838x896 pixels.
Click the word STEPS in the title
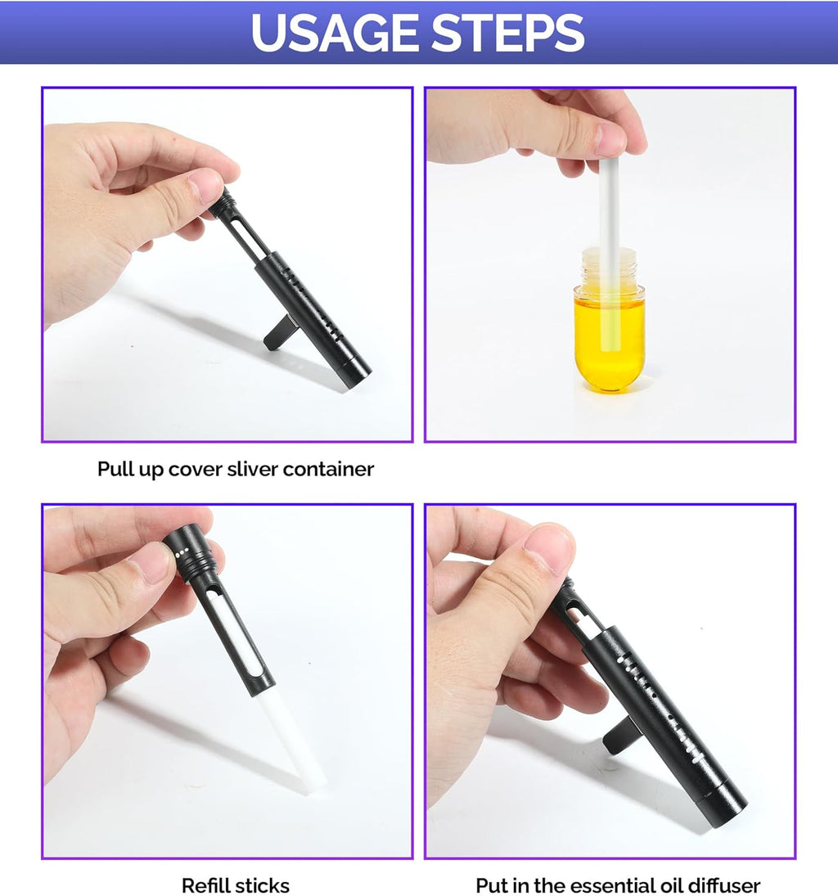coord(508,33)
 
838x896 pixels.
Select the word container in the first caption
coord(328,469)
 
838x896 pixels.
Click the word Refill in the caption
coord(205,885)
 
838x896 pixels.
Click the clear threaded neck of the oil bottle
coord(610,268)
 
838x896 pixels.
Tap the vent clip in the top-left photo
coord(278,334)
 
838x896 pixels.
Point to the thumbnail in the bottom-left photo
coord(151,562)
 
